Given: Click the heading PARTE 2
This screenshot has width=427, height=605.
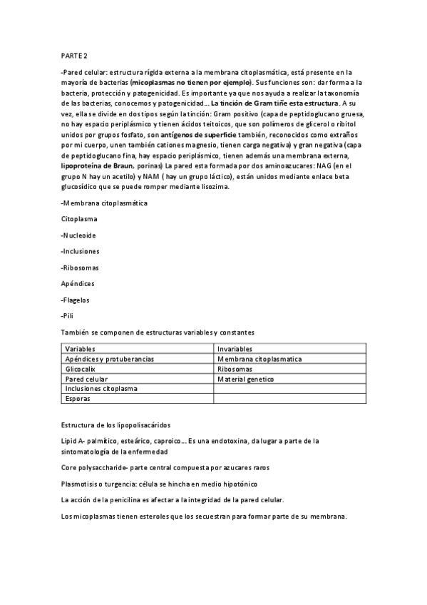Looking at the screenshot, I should pos(74,55).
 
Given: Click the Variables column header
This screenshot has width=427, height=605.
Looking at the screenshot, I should pos(80,348).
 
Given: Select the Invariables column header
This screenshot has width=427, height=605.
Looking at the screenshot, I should pos(235,348).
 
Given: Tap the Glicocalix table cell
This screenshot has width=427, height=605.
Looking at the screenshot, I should pos(80,369).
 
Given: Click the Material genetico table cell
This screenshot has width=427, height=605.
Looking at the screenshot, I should pos(245,379).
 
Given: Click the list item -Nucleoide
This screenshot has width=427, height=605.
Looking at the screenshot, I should pos(79,235).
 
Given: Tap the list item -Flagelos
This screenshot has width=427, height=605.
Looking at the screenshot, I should pos(76,300).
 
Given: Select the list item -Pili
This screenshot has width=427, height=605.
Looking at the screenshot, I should pos(68,315).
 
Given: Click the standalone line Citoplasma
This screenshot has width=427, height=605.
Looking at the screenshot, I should pos(79,219).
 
